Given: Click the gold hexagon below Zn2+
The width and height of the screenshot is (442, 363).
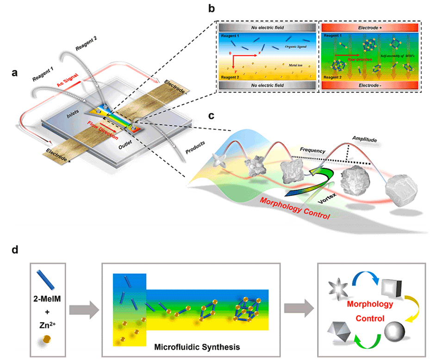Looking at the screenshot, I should [x=48, y=339].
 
